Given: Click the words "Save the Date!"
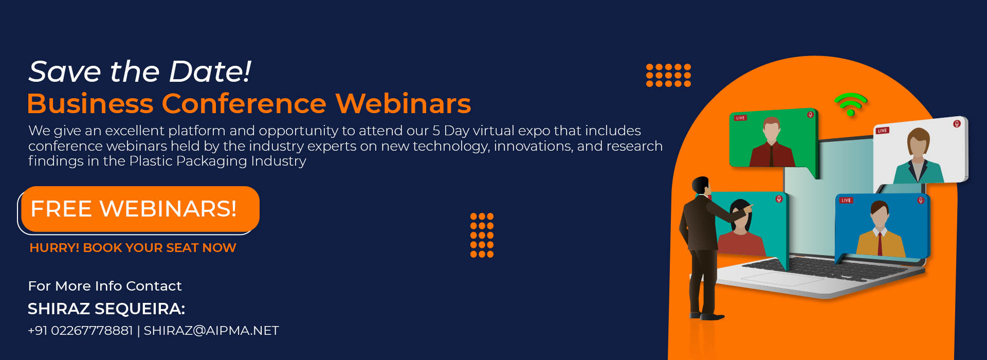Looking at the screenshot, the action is point(140,71).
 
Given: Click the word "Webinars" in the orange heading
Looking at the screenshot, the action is point(403,103).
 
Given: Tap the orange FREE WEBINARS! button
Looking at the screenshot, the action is point(140,209).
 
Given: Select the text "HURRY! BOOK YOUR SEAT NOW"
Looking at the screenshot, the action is point(133,248).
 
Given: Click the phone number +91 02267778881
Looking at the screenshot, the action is point(80,331).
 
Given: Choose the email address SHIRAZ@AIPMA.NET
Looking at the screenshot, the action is point(211,331).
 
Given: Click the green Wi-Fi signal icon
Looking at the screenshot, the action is point(850,104).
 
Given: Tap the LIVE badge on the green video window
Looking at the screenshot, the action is point(740,118).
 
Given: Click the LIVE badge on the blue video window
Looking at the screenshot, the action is point(846,200).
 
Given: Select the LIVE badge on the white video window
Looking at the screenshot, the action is point(882,131).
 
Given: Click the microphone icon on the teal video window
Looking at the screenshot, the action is point(779,199).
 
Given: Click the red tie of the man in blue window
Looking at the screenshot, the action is point(880,244).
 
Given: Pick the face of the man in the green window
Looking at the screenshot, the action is point(771,132).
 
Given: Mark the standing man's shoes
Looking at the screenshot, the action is point(707,316).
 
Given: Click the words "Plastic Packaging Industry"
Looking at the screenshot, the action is point(217,161).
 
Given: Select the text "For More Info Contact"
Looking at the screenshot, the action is point(105,286).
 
